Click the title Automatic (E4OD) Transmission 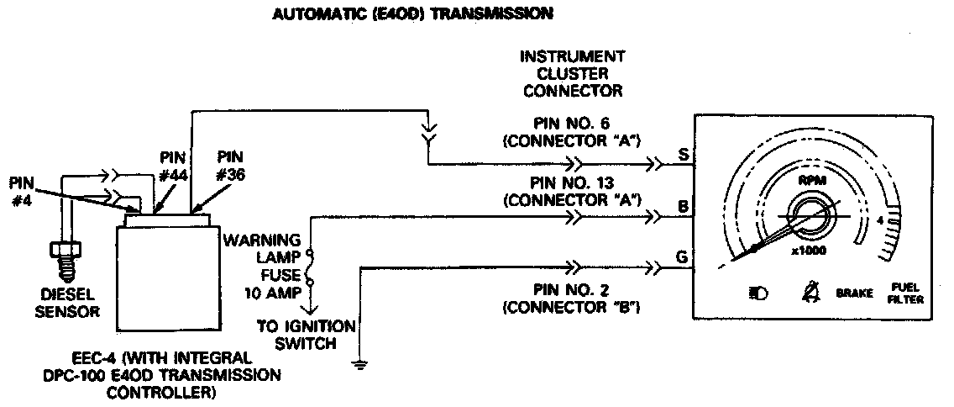click(413, 13)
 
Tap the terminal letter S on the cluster click(684, 155)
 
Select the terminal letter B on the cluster click(684, 205)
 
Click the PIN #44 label click(172, 166)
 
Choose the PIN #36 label click(231, 166)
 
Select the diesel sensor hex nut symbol click(64, 250)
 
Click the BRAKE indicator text click(854, 294)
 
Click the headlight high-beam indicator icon click(758, 294)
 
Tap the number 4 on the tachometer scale click(879, 220)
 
